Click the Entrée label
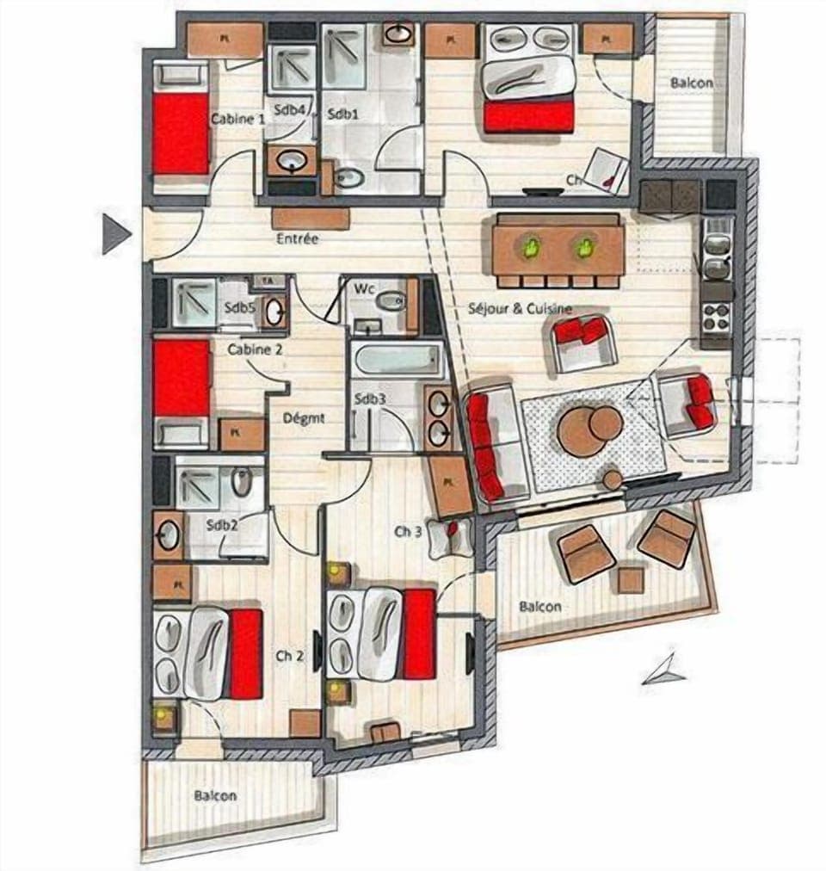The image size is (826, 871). point(297,238)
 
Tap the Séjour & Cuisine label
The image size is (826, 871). point(520,308)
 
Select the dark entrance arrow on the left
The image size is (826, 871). point(114,233)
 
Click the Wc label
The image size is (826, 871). point(362,288)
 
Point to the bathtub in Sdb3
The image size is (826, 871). point(397,360)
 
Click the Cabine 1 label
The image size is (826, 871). point(237,120)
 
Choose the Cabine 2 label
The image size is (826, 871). point(255,349)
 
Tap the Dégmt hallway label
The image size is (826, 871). point(304,418)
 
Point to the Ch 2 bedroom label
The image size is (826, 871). point(290,655)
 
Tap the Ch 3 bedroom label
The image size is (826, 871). point(408,531)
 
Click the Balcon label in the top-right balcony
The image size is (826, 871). point(691,83)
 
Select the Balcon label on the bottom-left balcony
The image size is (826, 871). point(214,796)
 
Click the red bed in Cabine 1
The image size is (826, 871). point(182,133)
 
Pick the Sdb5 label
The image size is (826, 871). point(238,306)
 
